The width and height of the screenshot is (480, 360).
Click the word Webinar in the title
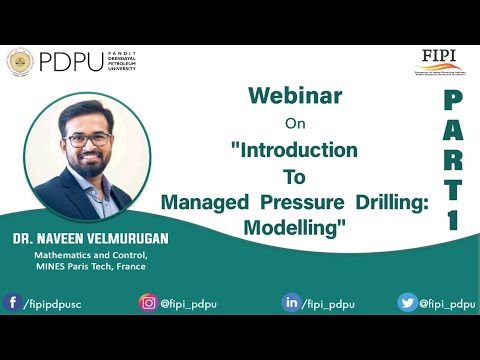(295, 97)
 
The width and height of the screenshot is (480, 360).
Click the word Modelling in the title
(294, 226)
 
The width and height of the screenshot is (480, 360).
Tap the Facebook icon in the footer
(12, 301)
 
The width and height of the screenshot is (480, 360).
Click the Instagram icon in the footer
(148, 301)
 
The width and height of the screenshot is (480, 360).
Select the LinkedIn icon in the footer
(291, 301)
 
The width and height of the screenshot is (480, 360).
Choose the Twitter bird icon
(407, 301)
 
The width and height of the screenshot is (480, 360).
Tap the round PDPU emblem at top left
(19, 62)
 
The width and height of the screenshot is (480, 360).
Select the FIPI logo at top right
(439, 62)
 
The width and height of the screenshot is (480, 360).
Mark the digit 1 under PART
(452, 217)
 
